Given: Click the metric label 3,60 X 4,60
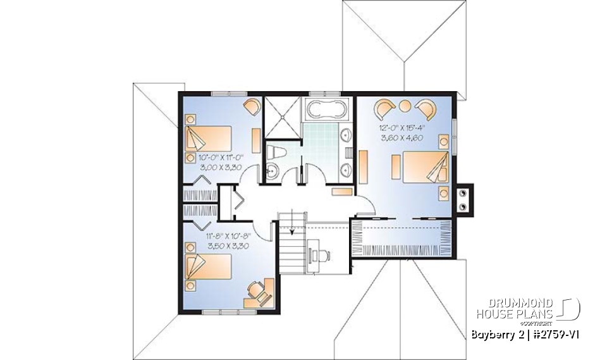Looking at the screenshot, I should (x=401, y=137).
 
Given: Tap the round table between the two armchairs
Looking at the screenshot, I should (x=405, y=105).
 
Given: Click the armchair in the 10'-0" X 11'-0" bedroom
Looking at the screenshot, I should (x=252, y=107).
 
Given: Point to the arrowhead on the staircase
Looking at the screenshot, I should (x=292, y=232).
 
